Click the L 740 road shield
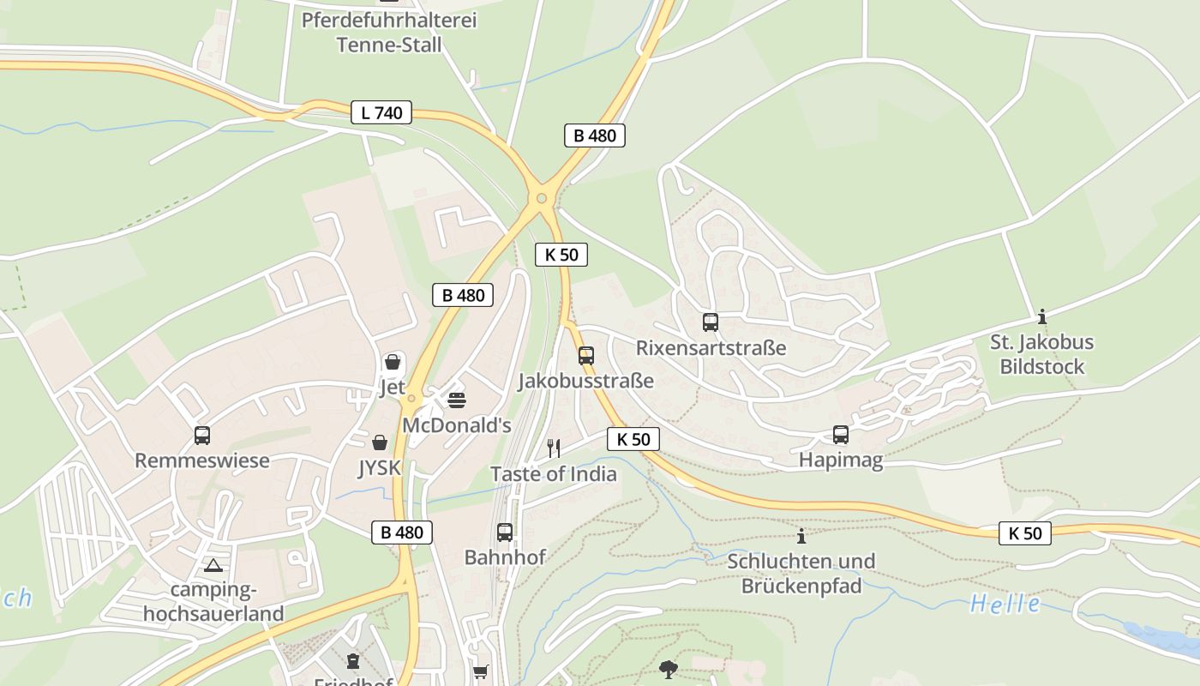tap(381, 112)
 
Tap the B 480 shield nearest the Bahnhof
tap(402, 532)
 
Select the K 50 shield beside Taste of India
tap(633, 439)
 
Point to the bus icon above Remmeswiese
tap(202, 436)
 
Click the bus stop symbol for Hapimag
tap(841, 435)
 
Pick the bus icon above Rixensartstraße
tap(711, 322)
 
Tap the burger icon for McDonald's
tap(457, 400)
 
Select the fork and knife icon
tap(554, 448)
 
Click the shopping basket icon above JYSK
tap(380, 442)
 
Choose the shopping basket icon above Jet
tap(393, 362)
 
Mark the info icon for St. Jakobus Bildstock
tap(1042, 316)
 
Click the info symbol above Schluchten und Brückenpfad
tap(801, 536)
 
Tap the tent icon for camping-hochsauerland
tap(213, 565)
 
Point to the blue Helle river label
tap(1005, 604)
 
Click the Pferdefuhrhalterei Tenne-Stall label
tap(388, 32)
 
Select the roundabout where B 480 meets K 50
tap(542, 199)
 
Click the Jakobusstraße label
tap(585, 381)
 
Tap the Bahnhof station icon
tap(505, 532)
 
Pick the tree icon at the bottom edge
tap(669, 669)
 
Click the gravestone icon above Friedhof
tap(352, 661)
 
